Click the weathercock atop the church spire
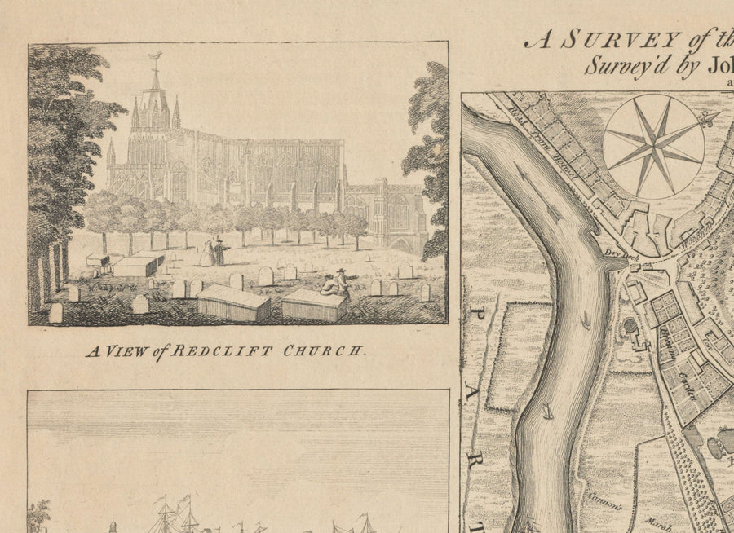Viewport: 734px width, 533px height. point(154,57)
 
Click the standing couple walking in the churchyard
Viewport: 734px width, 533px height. point(215,252)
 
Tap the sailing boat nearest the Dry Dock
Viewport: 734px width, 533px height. point(586,322)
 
